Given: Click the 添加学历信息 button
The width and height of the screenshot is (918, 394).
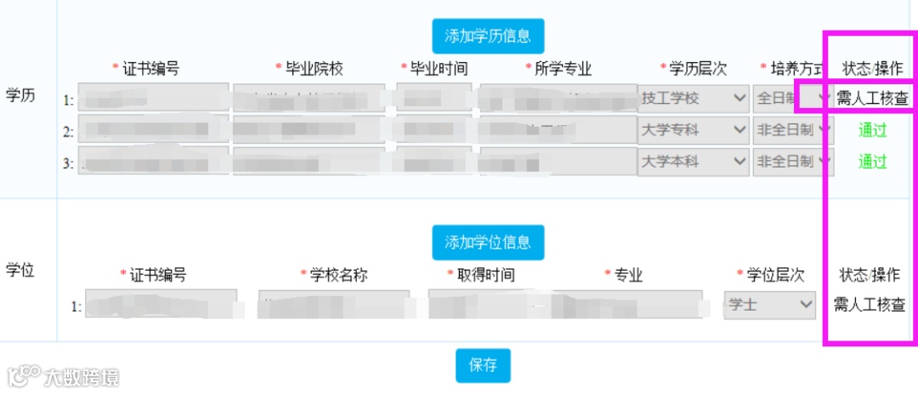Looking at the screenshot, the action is click(x=488, y=36).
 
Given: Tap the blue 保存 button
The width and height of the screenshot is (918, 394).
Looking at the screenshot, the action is click(x=483, y=365).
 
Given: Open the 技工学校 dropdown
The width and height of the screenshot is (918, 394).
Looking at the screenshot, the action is click(x=693, y=99).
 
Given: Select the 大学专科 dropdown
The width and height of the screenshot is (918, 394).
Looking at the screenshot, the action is click(x=693, y=130).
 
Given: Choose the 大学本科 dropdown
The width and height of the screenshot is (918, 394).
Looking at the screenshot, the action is click(x=693, y=162).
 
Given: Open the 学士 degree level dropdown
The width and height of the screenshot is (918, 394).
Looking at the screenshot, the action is click(x=770, y=305).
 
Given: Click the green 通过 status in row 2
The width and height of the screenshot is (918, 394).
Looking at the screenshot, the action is click(x=872, y=130).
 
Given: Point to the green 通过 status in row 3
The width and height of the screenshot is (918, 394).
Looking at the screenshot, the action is click(x=872, y=162).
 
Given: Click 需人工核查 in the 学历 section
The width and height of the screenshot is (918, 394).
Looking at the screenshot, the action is click(x=872, y=98).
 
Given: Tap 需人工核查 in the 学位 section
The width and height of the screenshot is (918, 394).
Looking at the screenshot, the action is click(x=870, y=305).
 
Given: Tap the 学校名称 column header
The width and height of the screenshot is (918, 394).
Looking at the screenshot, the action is click(x=337, y=275).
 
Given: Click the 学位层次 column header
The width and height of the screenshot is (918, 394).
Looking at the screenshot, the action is click(x=773, y=275).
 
